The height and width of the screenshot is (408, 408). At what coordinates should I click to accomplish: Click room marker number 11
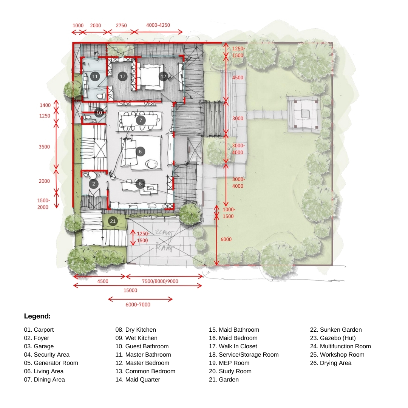(x=95, y=76)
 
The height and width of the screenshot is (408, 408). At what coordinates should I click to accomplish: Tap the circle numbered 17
(x=122, y=76)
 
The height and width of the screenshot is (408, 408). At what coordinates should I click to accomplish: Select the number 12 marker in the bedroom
(x=164, y=76)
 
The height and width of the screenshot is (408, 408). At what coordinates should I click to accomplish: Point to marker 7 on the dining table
(x=141, y=120)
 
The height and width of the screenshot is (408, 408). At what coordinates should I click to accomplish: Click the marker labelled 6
(x=140, y=151)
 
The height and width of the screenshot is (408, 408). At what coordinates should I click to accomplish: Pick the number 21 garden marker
(x=113, y=221)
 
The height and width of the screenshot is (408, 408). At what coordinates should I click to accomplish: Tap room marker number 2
(x=94, y=184)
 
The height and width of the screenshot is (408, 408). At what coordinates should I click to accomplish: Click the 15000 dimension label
(x=130, y=291)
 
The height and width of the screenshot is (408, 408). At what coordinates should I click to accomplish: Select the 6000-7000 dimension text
(x=138, y=305)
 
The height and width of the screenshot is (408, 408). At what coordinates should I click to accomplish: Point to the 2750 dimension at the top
(x=121, y=26)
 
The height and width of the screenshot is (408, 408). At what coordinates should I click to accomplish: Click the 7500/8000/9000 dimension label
(x=160, y=281)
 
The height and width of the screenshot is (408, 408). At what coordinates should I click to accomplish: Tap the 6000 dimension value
(x=226, y=240)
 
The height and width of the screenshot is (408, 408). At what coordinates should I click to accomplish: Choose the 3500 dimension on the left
(x=44, y=147)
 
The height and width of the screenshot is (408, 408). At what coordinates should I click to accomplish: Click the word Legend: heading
(x=37, y=316)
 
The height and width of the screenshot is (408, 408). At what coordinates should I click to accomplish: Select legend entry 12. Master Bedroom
(x=142, y=363)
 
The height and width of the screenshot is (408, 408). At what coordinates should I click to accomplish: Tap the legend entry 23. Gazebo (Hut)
(x=333, y=338)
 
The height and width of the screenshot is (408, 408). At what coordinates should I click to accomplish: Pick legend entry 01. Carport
(x=39, y=330)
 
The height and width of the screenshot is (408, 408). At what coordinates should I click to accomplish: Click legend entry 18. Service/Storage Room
(x=244, y=355)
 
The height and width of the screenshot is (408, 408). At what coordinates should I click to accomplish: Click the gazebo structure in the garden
(x=303, y=114)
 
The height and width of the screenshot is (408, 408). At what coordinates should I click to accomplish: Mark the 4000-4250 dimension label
(x=158, y=25)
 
